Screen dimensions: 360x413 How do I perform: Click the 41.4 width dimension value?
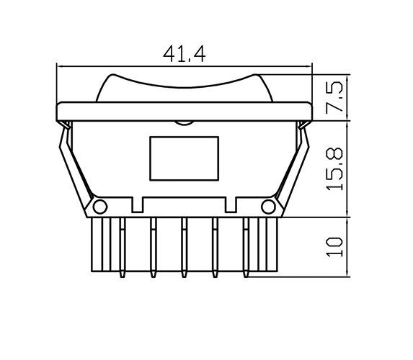tap(185, 53)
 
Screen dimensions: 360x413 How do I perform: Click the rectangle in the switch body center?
tap(184, 158)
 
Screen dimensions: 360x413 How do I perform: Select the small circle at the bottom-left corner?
tap(100, 207)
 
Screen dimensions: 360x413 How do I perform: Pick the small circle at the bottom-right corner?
tap(268, 207)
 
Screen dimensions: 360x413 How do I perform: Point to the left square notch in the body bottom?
tap(138, 206)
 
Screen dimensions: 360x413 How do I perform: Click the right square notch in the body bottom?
tap(231, 206)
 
